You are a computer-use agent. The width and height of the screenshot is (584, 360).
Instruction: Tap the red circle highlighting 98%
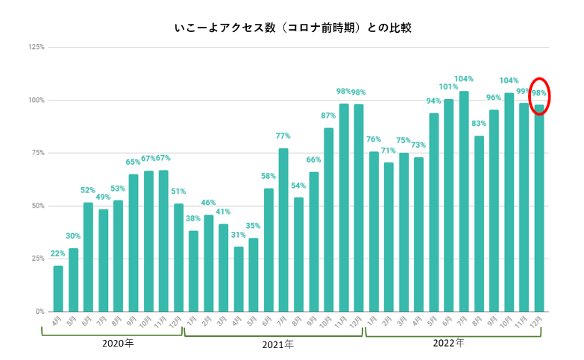pos(539,96)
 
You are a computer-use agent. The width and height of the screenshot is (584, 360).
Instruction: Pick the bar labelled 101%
pos(448,205)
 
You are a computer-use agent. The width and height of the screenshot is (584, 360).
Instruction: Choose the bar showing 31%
pos(239,279)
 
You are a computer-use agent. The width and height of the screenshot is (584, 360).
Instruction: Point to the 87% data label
pos(328,116)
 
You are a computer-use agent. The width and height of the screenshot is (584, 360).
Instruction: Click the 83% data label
pos(479,124)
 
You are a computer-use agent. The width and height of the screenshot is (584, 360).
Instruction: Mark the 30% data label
pos(73,236)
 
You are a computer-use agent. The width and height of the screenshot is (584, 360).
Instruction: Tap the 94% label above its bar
pos(433,101)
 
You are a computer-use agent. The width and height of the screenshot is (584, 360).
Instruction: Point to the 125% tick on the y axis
pos(36,47)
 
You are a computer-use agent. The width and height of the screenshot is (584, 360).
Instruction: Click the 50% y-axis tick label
pos(37,206)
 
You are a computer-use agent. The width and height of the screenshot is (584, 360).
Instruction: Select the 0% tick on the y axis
pos(40,312)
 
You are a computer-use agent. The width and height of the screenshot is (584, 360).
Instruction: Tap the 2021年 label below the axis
pos(277,345)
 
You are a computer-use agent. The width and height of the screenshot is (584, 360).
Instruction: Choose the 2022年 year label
pos(448,344)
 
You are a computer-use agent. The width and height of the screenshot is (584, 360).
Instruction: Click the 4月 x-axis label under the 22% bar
pos(57,321)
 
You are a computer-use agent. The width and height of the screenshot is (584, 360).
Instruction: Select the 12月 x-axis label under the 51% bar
pos(178,322)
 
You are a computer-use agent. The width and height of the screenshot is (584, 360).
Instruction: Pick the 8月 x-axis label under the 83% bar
pos(478,321)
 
